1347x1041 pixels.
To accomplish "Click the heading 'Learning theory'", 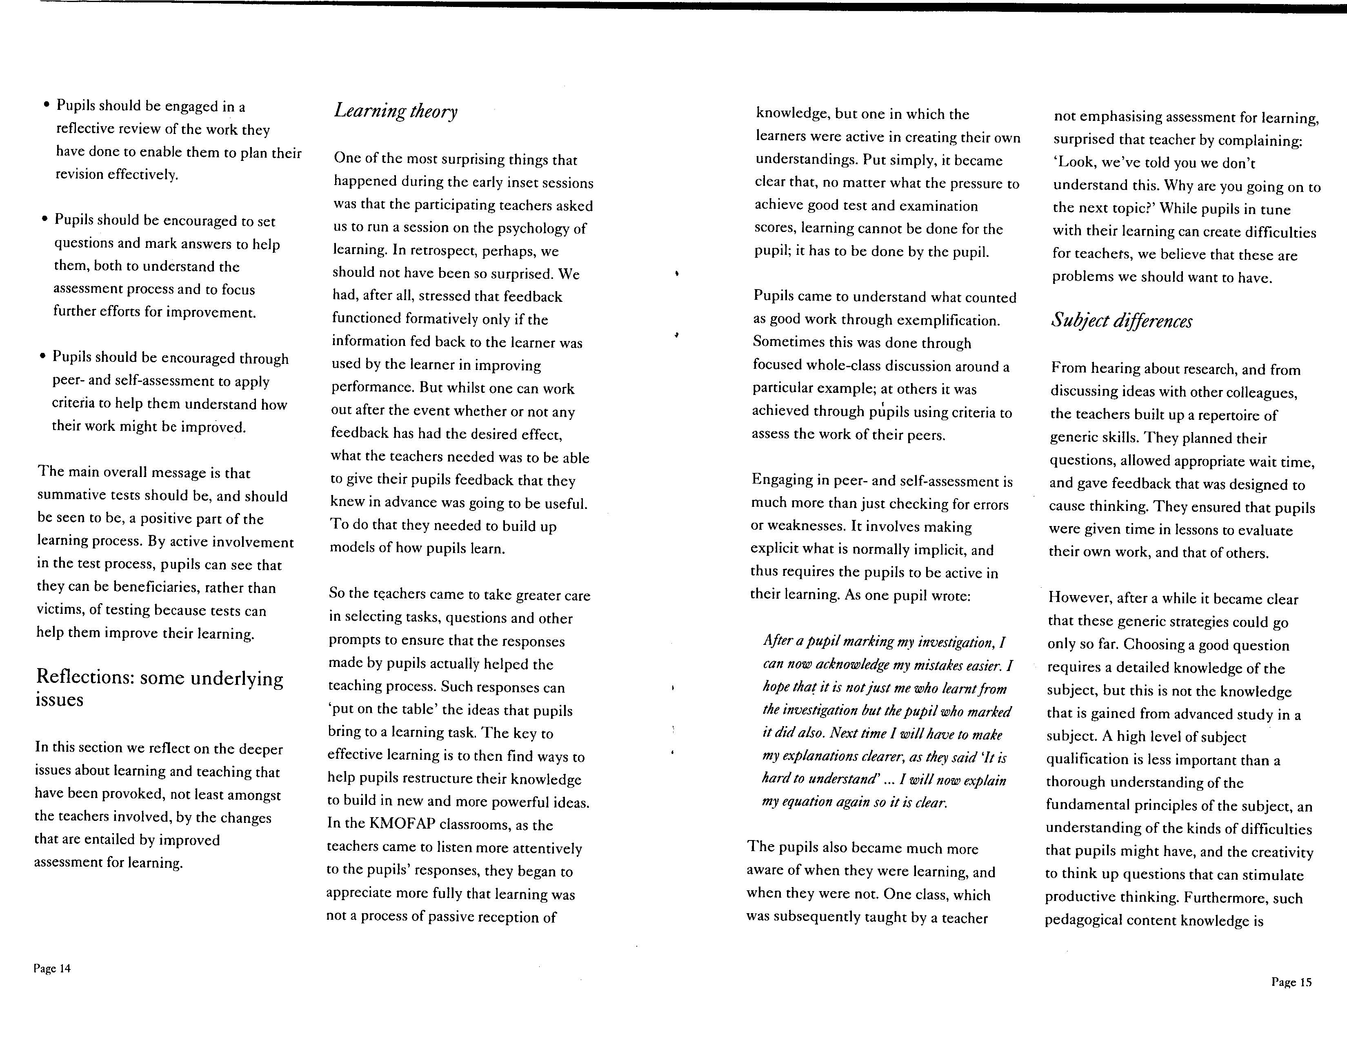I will click(x=396, y=111).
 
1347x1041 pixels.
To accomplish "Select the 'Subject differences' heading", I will click(x=1121, y=321).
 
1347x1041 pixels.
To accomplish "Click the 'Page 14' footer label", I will click(x=52, y=968).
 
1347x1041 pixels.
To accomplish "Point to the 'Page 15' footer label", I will click(x=1291, y=982).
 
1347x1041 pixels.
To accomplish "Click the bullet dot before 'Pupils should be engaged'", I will click(x=46, y=105).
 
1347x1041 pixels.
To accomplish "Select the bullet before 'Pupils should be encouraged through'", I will click(x=42, y=356).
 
